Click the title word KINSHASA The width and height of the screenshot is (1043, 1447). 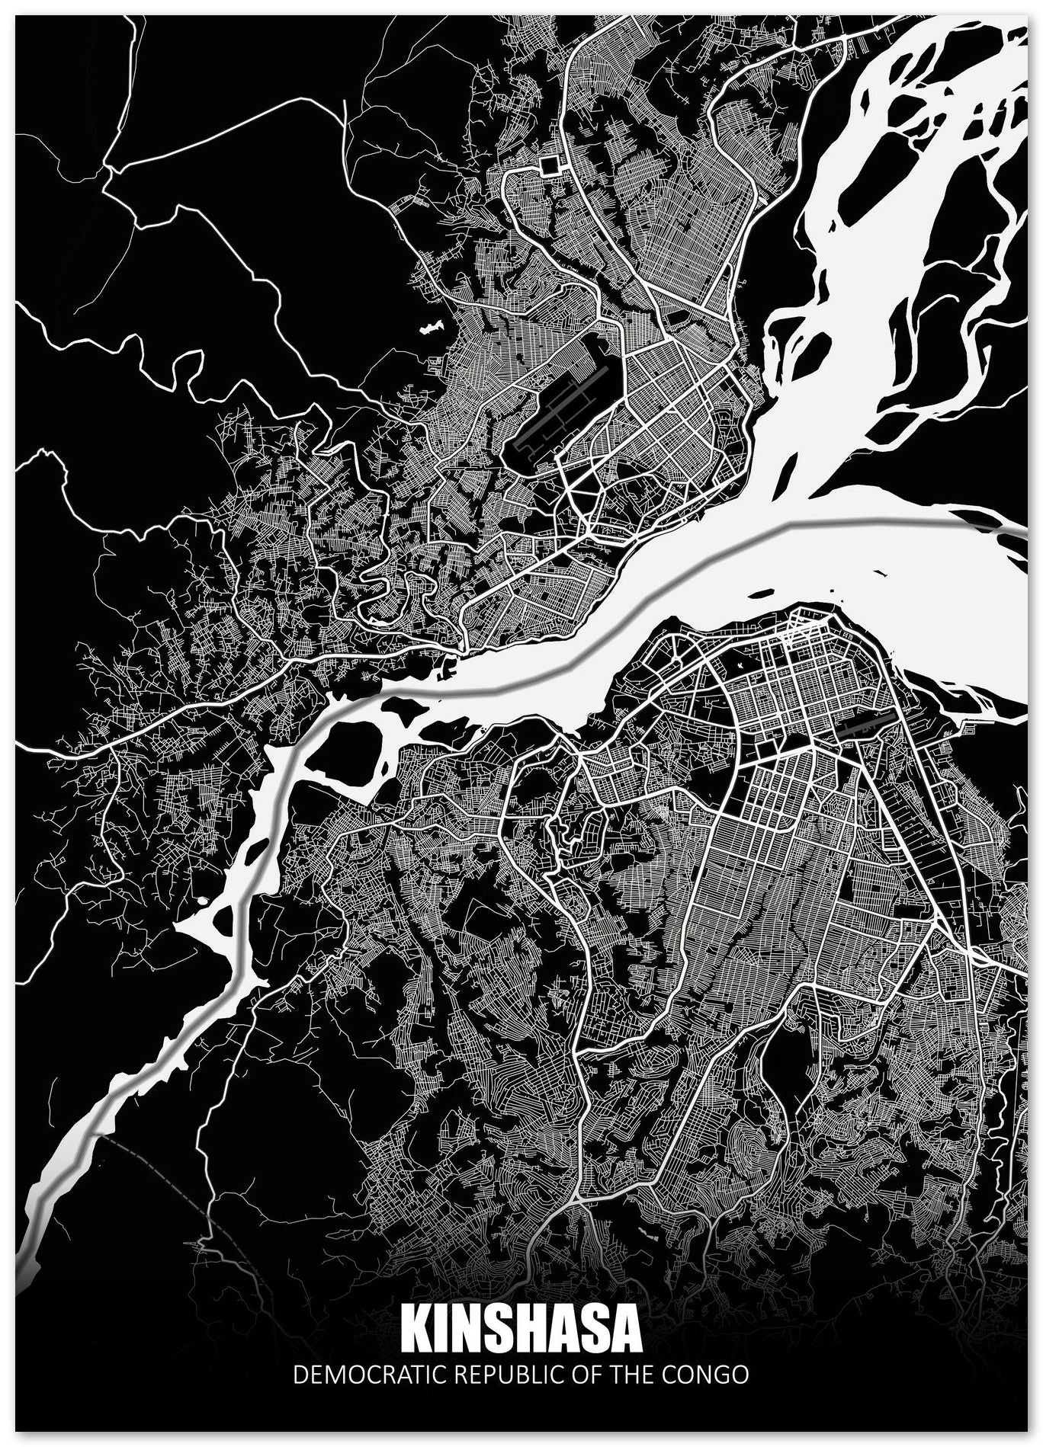(x=520, y=1327)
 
